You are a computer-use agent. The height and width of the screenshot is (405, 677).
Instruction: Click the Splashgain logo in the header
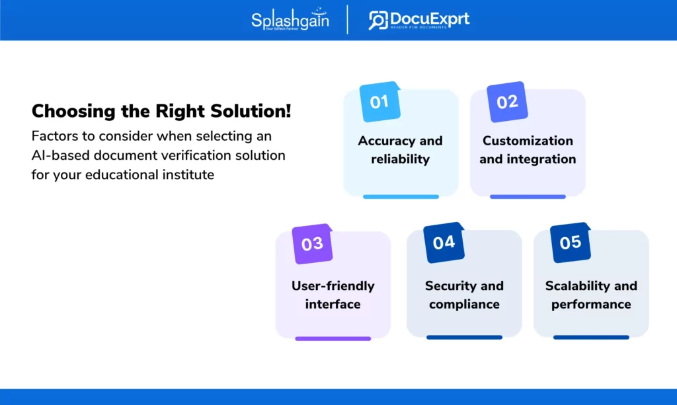tap(290, 19)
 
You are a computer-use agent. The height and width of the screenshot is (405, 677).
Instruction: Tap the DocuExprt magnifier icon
tap(378, 20)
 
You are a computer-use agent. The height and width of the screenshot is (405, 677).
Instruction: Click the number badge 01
tap(380, 102)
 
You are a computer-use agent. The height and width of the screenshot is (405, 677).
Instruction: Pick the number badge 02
tap(507, 102)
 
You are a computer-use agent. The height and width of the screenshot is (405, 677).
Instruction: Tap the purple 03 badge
tap(312, 244)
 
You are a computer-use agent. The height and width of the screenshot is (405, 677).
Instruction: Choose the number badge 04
tap(444, 242)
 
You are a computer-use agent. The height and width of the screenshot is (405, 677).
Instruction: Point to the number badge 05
tap(571, 242)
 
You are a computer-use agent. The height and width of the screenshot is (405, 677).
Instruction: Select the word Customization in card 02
tap(528, 141)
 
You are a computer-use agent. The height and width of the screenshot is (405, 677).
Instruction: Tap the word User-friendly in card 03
tap(333, 286)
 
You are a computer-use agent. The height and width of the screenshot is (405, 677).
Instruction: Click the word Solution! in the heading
tap(251, 111)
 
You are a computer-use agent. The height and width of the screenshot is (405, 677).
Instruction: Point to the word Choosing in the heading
tap(74, 112)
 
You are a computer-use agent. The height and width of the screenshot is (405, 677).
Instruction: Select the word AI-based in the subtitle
tap(60, 155)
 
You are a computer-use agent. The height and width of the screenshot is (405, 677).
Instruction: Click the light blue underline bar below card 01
tap(401, 197)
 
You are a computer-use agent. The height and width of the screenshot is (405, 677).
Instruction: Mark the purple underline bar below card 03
tap(333, 338)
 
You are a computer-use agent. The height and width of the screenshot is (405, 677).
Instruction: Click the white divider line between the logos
tap(347, 19)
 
